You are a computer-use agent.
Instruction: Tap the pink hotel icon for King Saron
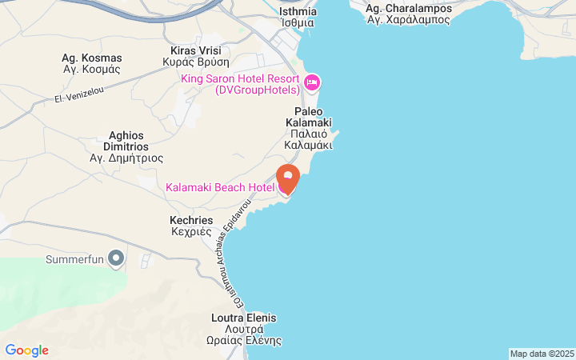(312, 82)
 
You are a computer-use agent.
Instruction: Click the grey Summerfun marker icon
(117, 258)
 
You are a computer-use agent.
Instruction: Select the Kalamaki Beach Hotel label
(219, 187)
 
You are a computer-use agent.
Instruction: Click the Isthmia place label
(298, 11)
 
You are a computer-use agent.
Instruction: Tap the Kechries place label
(191, 220)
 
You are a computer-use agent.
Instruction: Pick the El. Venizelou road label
(79, 97)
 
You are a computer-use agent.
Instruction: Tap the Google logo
(26, 350)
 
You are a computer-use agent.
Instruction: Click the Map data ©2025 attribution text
(542, 354)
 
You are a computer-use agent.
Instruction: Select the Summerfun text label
(75, 259)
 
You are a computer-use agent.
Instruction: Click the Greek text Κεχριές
(191, 232)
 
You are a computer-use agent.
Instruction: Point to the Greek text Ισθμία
(298, 23)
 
